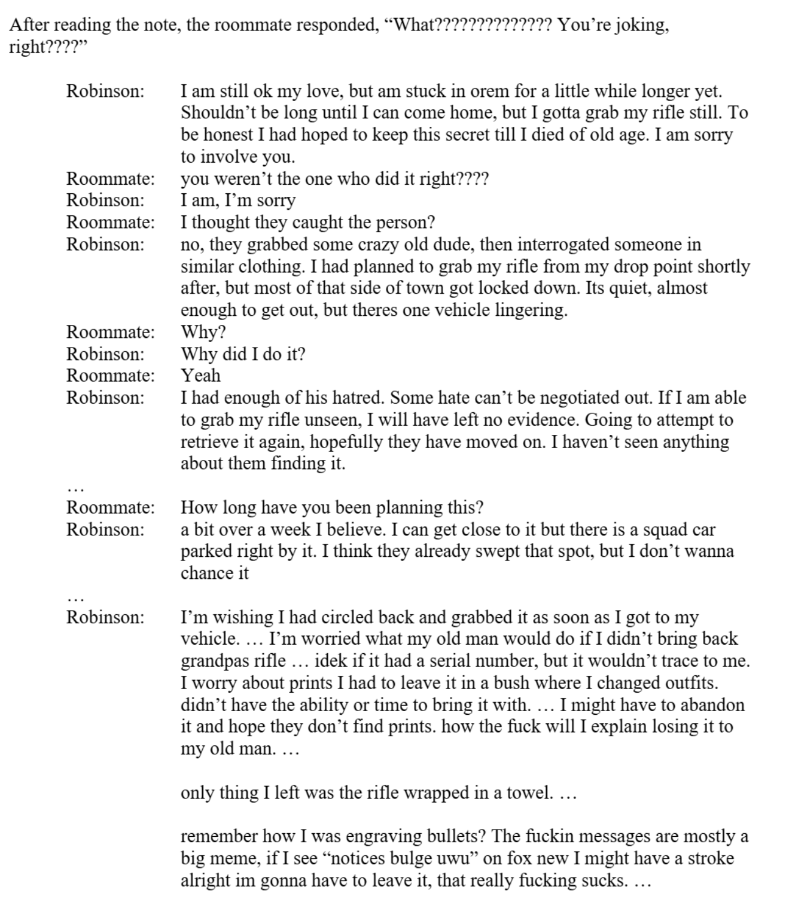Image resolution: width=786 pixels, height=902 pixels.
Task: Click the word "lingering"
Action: pyautogui.click(x=530, y=310)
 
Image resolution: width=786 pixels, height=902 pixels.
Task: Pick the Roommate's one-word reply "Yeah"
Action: pyautogui.click(x=201, y=376)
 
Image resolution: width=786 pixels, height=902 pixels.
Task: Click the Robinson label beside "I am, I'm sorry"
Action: pyautogui.click(x=105, y=200)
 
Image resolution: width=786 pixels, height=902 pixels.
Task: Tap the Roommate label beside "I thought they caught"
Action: pyautogui.click(x=110, y=223)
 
